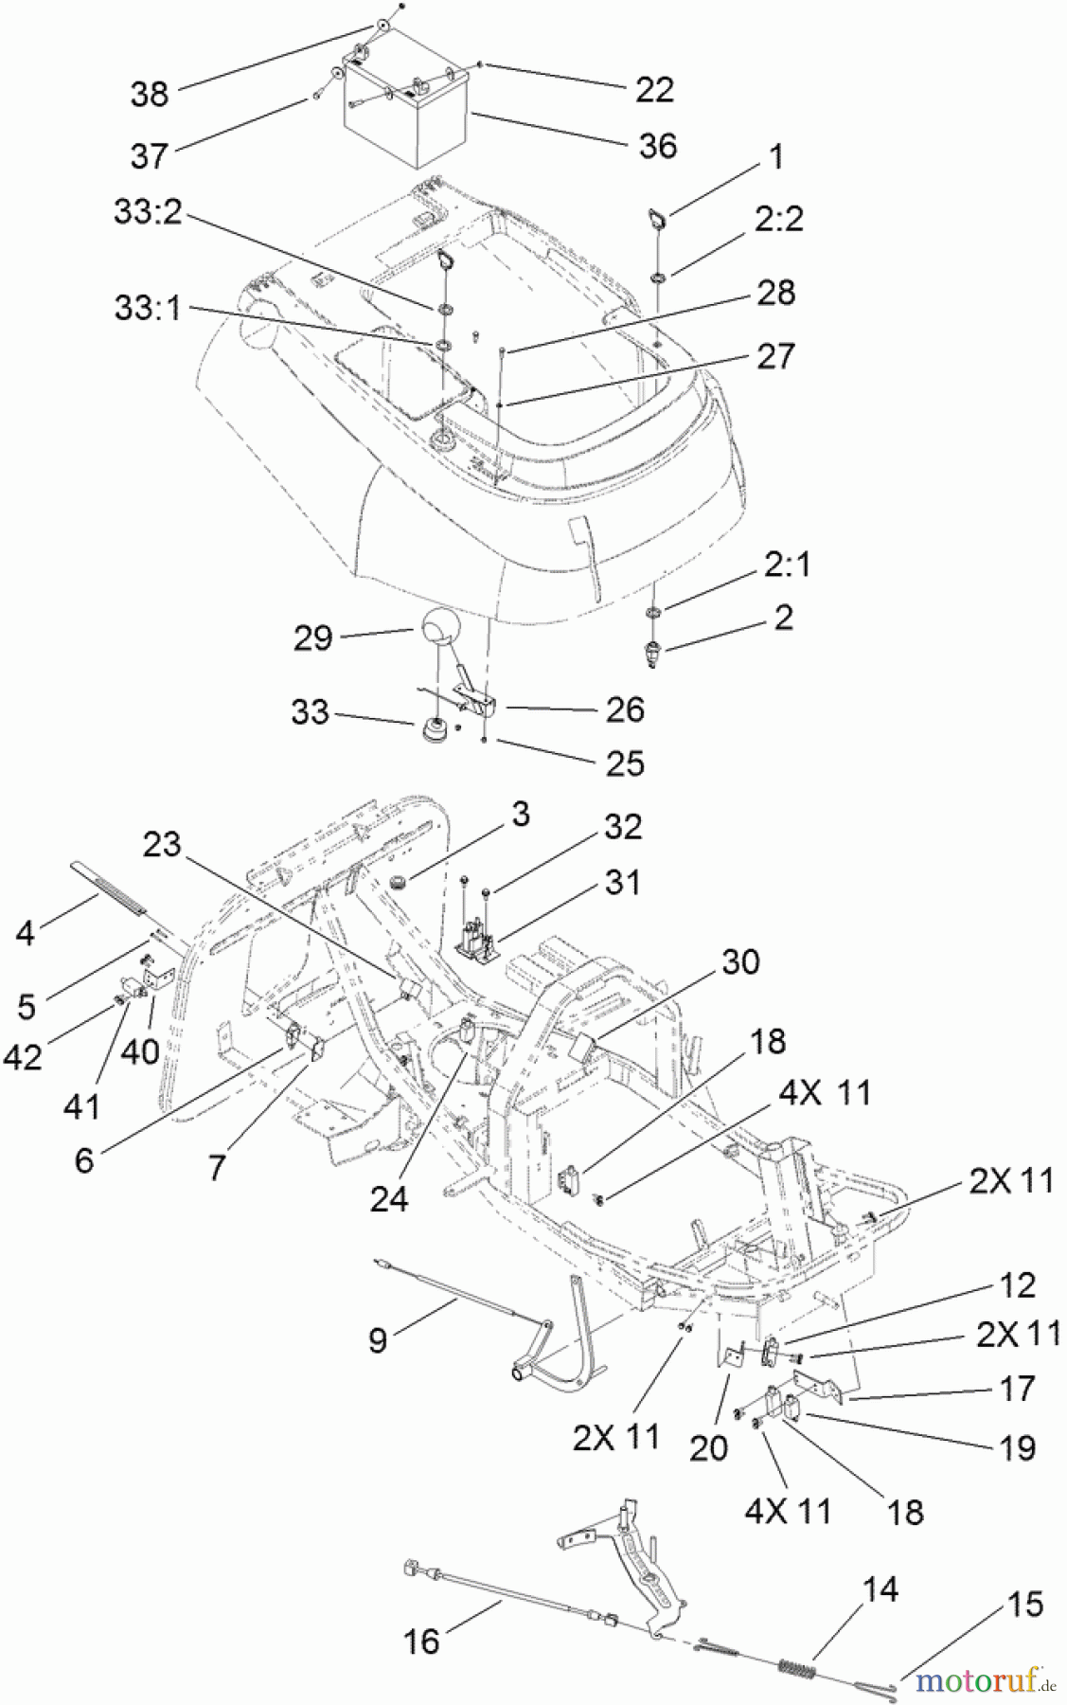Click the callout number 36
tap(658, 146)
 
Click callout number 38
tap(149, 93)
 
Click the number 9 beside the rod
tap(377, 1340)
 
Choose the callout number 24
tap(388, 1198)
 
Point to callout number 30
tap(740, 961)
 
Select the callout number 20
tap(708, 1447)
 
